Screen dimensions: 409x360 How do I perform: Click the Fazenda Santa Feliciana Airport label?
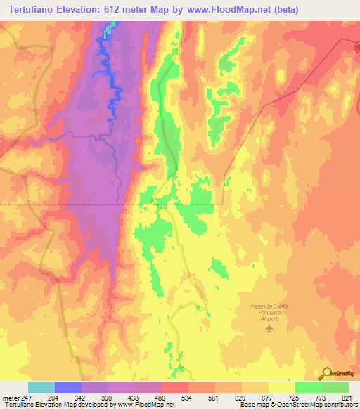270,311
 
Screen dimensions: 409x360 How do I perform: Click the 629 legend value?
239,398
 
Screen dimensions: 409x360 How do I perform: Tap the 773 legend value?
321,398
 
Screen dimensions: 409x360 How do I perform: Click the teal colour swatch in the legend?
41,387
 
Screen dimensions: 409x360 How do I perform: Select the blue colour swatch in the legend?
68,387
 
